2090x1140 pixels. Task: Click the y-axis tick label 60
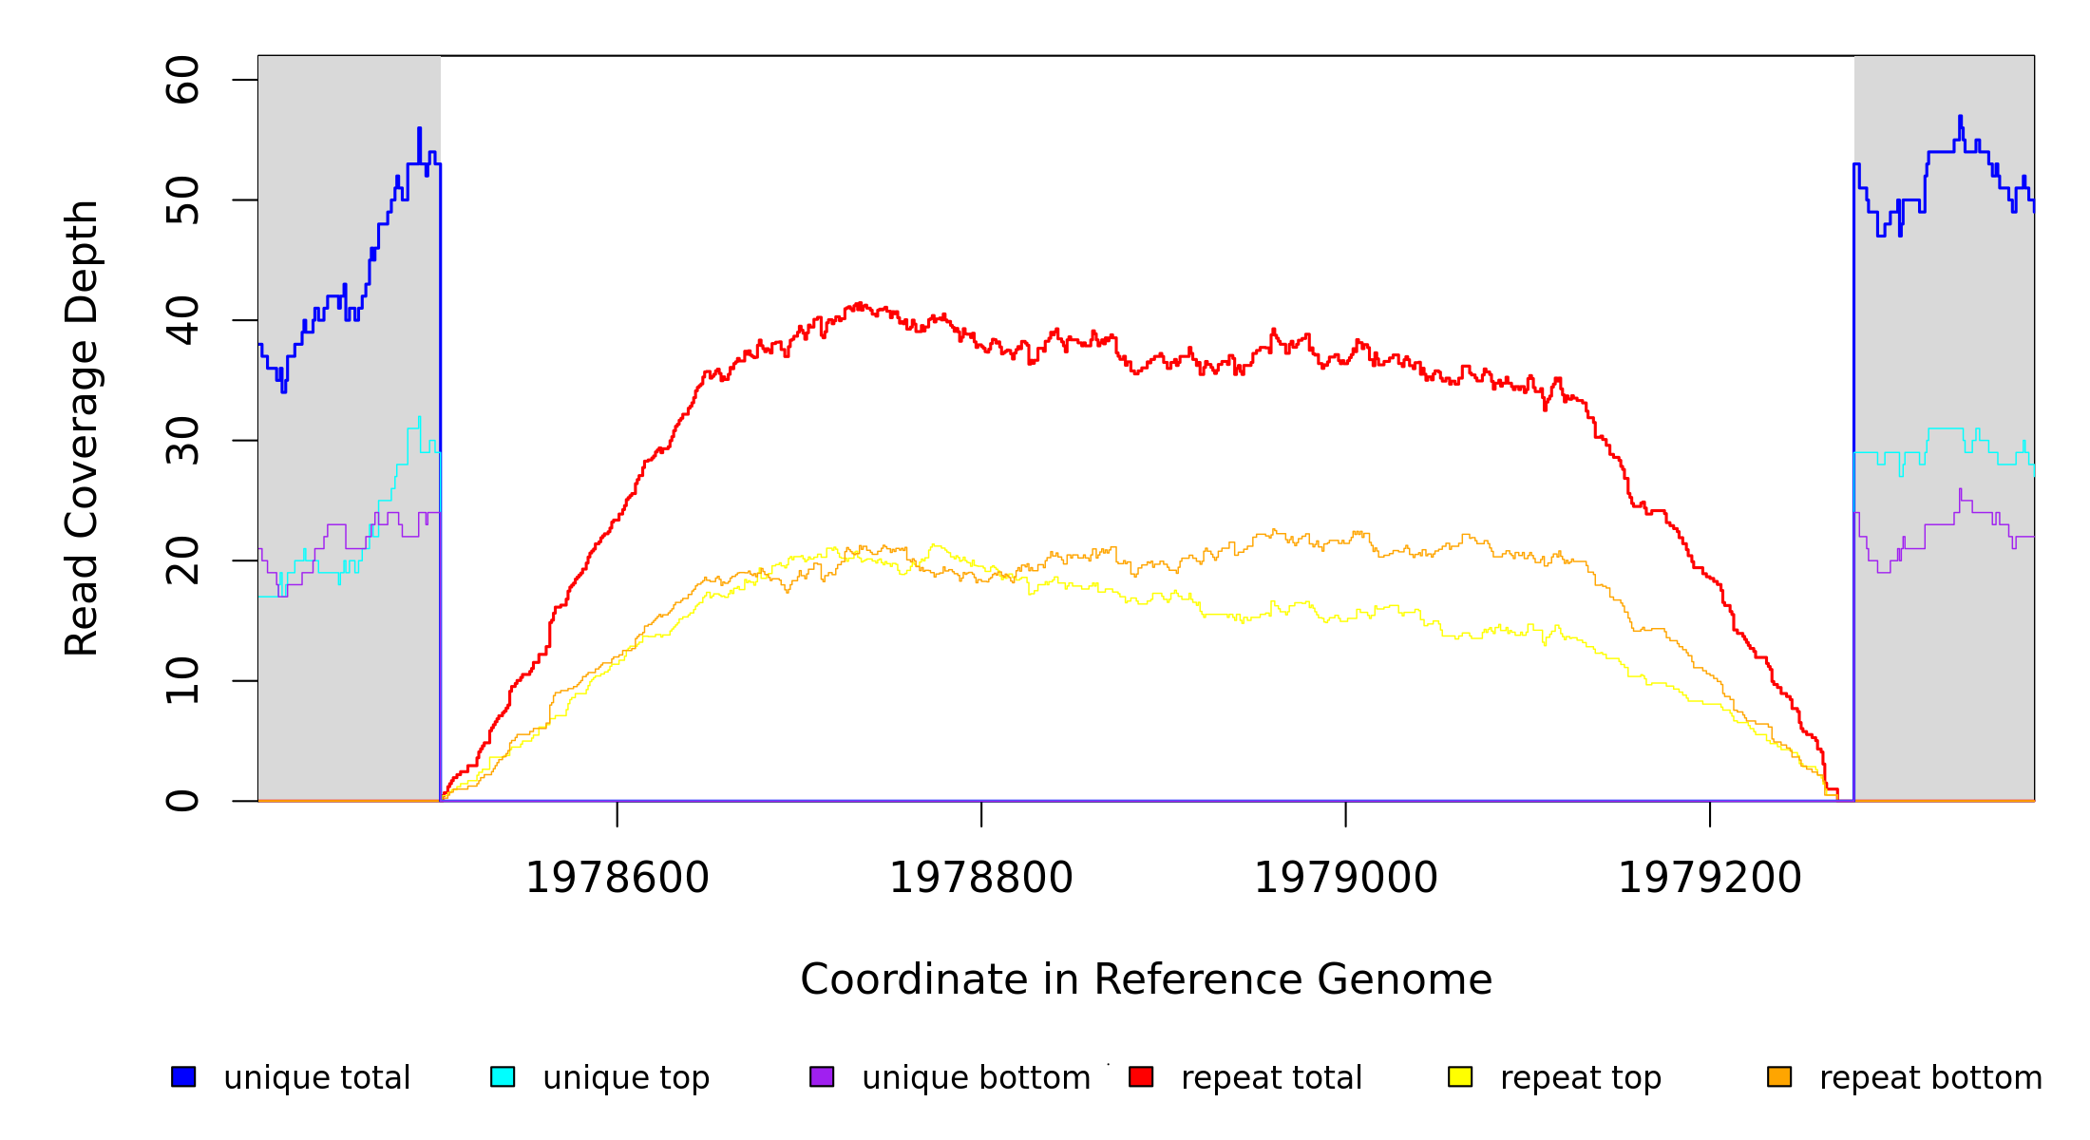tap(182, 80)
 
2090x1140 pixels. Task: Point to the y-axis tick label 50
tap(182, 199)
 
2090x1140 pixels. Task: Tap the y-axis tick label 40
tap(182, 320)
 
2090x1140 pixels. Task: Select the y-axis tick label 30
tap(182, 441)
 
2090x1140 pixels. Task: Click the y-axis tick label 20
tap(182, 560)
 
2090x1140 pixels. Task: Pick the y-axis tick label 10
tap(182, 681)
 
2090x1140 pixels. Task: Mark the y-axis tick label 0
tap(182, 801)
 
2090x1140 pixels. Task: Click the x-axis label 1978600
tap(617, 878)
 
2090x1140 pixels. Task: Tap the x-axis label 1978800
tap(981, 878)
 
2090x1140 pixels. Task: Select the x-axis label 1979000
tap(1346, 878)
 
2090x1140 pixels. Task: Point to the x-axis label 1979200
tap(1710, 878)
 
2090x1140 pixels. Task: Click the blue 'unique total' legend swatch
tap(183, 1076)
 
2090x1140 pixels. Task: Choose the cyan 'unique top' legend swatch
tap(503, 1076)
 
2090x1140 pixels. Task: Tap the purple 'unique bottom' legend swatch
tap(822, 1076)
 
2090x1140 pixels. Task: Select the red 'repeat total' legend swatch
tap(1141, 1076)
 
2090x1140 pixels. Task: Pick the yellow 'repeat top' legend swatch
tap(1460, 1076)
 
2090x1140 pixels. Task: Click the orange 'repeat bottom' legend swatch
tap(1779, 1076)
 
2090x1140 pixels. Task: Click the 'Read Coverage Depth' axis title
tap(82, 427)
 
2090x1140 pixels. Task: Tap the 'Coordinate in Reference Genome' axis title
tap(1146, 979)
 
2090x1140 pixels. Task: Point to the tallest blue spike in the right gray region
tap(1960, 118)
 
